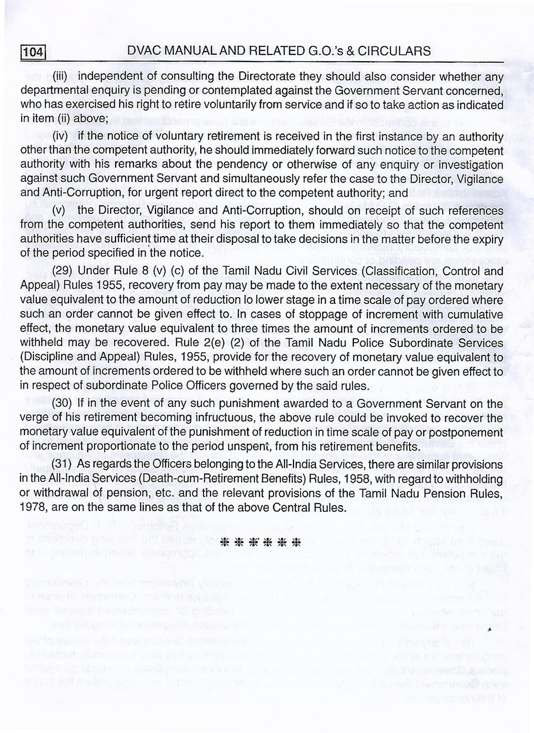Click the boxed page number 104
click(x=33, y=53)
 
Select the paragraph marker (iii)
click(x=60, y=76)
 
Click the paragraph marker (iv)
click(x=60, y=136)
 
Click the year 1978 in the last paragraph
click(x=33, y=508)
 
